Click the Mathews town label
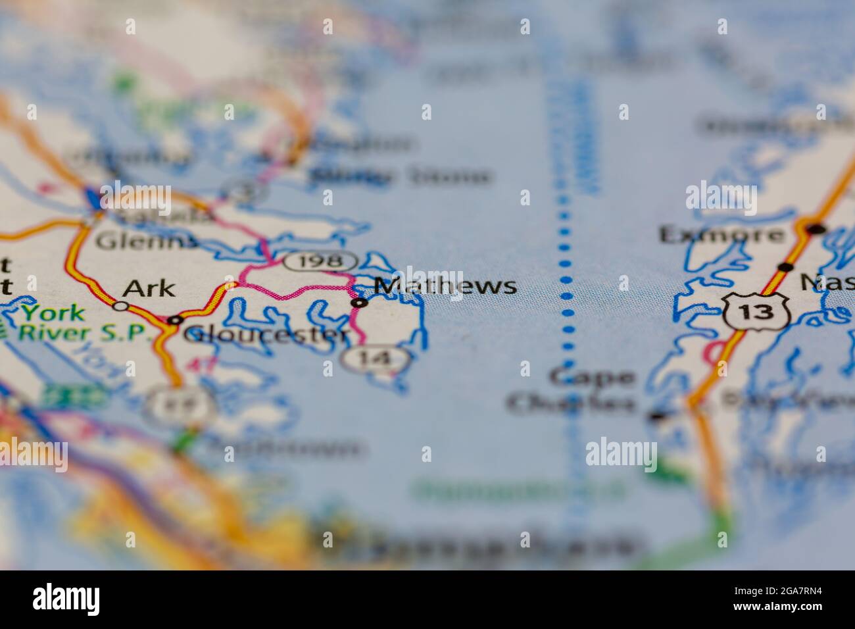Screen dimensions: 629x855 (445, 286)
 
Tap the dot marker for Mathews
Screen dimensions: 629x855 (359, 303)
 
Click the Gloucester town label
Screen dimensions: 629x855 (266, 335)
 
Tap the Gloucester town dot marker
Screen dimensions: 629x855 (175, 320)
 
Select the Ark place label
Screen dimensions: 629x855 (149, 288)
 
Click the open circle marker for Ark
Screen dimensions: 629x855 (120, 305)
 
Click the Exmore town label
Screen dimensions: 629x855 (721, 234)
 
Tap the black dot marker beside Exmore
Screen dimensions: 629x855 (816, 229)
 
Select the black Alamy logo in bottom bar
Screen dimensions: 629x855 (66, 599)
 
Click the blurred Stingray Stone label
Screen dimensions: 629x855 (401, 176)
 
